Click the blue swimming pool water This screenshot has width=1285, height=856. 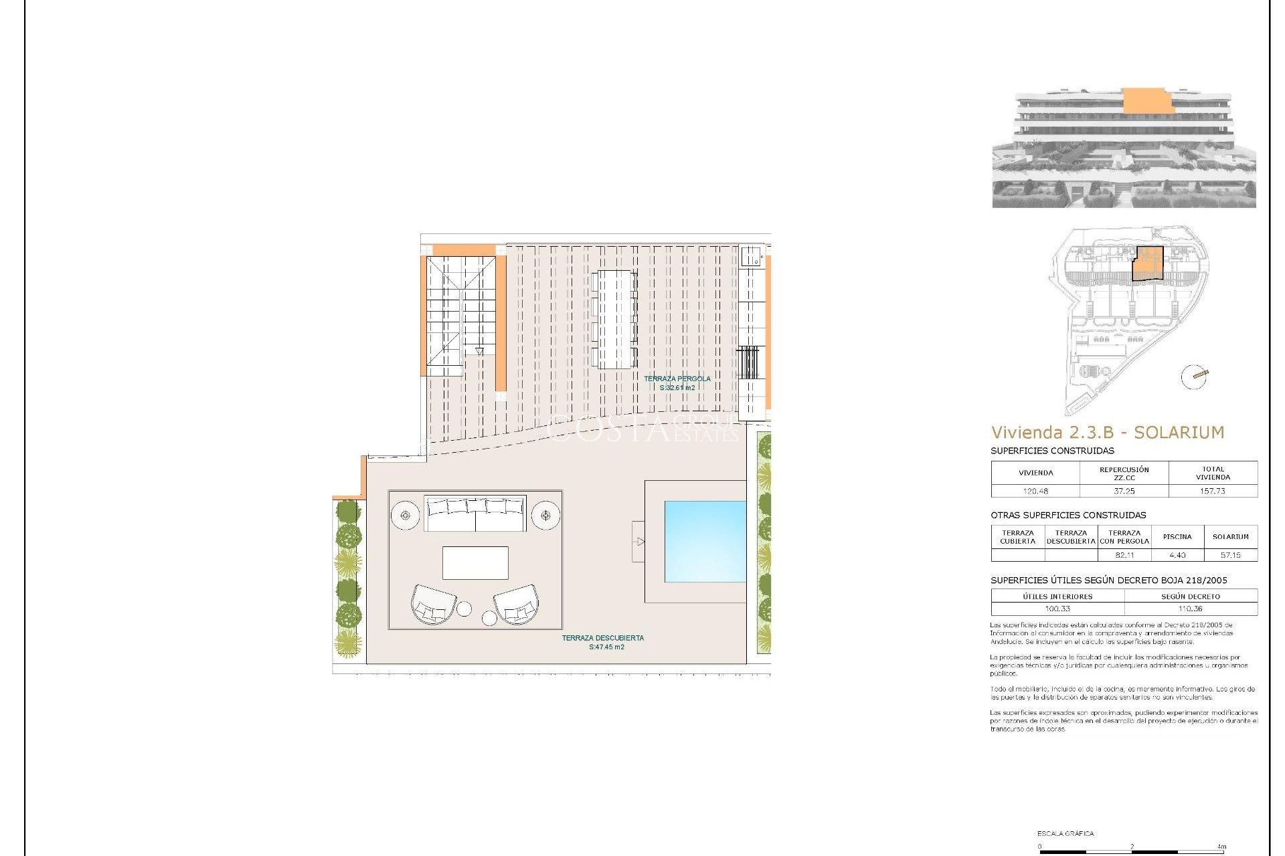point(704,541)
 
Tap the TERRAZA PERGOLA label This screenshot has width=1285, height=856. point(677,383)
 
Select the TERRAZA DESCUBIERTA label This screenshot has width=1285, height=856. point(602,642)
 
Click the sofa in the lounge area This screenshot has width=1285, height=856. point(475,514)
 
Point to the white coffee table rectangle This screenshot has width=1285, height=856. point(475,563)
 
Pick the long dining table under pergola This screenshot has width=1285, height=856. point(614,319)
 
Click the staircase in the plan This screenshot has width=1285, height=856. point(460,314)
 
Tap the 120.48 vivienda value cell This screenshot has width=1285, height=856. point(1035,491)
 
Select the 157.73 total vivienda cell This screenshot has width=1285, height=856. point(1212,491)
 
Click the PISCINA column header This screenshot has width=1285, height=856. point(1177,536)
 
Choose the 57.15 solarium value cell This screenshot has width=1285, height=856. point(1230,555)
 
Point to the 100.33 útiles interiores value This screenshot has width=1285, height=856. point(1057,609)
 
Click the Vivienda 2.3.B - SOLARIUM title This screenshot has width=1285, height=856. point(1107,433)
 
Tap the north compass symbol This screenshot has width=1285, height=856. point(1193,377)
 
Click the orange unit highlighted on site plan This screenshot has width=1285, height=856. point(1148,263)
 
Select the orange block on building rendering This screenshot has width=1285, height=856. point(1147,100)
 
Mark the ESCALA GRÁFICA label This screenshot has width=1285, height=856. point(1065,833)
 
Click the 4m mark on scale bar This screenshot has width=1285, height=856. point(1221,847)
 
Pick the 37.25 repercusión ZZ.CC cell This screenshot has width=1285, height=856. point(1124,491)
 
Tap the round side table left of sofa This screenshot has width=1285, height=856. point(405,516)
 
